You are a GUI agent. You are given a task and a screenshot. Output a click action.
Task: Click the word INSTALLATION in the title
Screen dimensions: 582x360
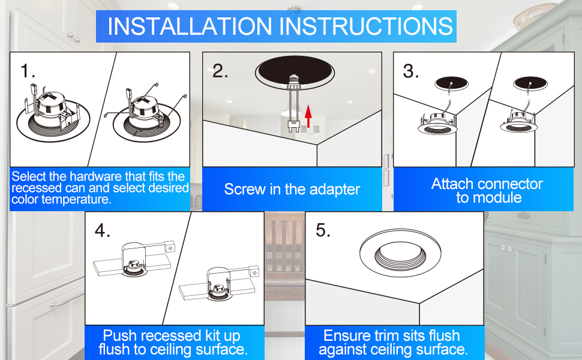(x=190, y=26)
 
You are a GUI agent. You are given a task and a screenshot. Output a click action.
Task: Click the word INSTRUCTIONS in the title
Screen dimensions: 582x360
(x=366, y=26)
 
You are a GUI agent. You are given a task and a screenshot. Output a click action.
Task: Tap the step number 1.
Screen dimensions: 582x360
(x=28, y=71)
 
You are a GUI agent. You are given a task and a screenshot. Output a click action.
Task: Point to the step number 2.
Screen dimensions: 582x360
(x=220, y=71)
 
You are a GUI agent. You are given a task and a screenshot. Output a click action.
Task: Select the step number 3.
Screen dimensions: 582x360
(x=411, y=71)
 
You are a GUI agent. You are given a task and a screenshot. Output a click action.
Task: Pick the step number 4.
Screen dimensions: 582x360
(x=103, y=230)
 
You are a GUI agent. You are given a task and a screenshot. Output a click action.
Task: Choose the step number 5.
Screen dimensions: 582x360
(x=323, y=230)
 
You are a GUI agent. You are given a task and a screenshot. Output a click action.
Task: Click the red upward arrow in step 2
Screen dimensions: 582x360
(x=308, y=116)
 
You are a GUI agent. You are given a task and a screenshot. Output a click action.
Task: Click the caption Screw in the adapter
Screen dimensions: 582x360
(x=292, y=189)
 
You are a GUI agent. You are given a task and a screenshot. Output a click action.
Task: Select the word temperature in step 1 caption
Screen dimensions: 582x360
(x=82, y=200)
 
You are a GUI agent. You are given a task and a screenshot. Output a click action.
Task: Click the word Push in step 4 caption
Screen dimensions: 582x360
(x=119, y=335)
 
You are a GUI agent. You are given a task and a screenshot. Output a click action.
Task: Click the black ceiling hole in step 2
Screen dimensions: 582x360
(x=295, y=71)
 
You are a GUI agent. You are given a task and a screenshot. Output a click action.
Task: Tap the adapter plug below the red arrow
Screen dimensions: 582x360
(x=294, y=127)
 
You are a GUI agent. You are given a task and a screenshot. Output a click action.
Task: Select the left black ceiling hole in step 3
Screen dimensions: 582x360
(x=451, y=83)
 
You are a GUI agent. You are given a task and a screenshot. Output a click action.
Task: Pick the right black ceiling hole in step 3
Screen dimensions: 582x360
(x=530, y=83)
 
